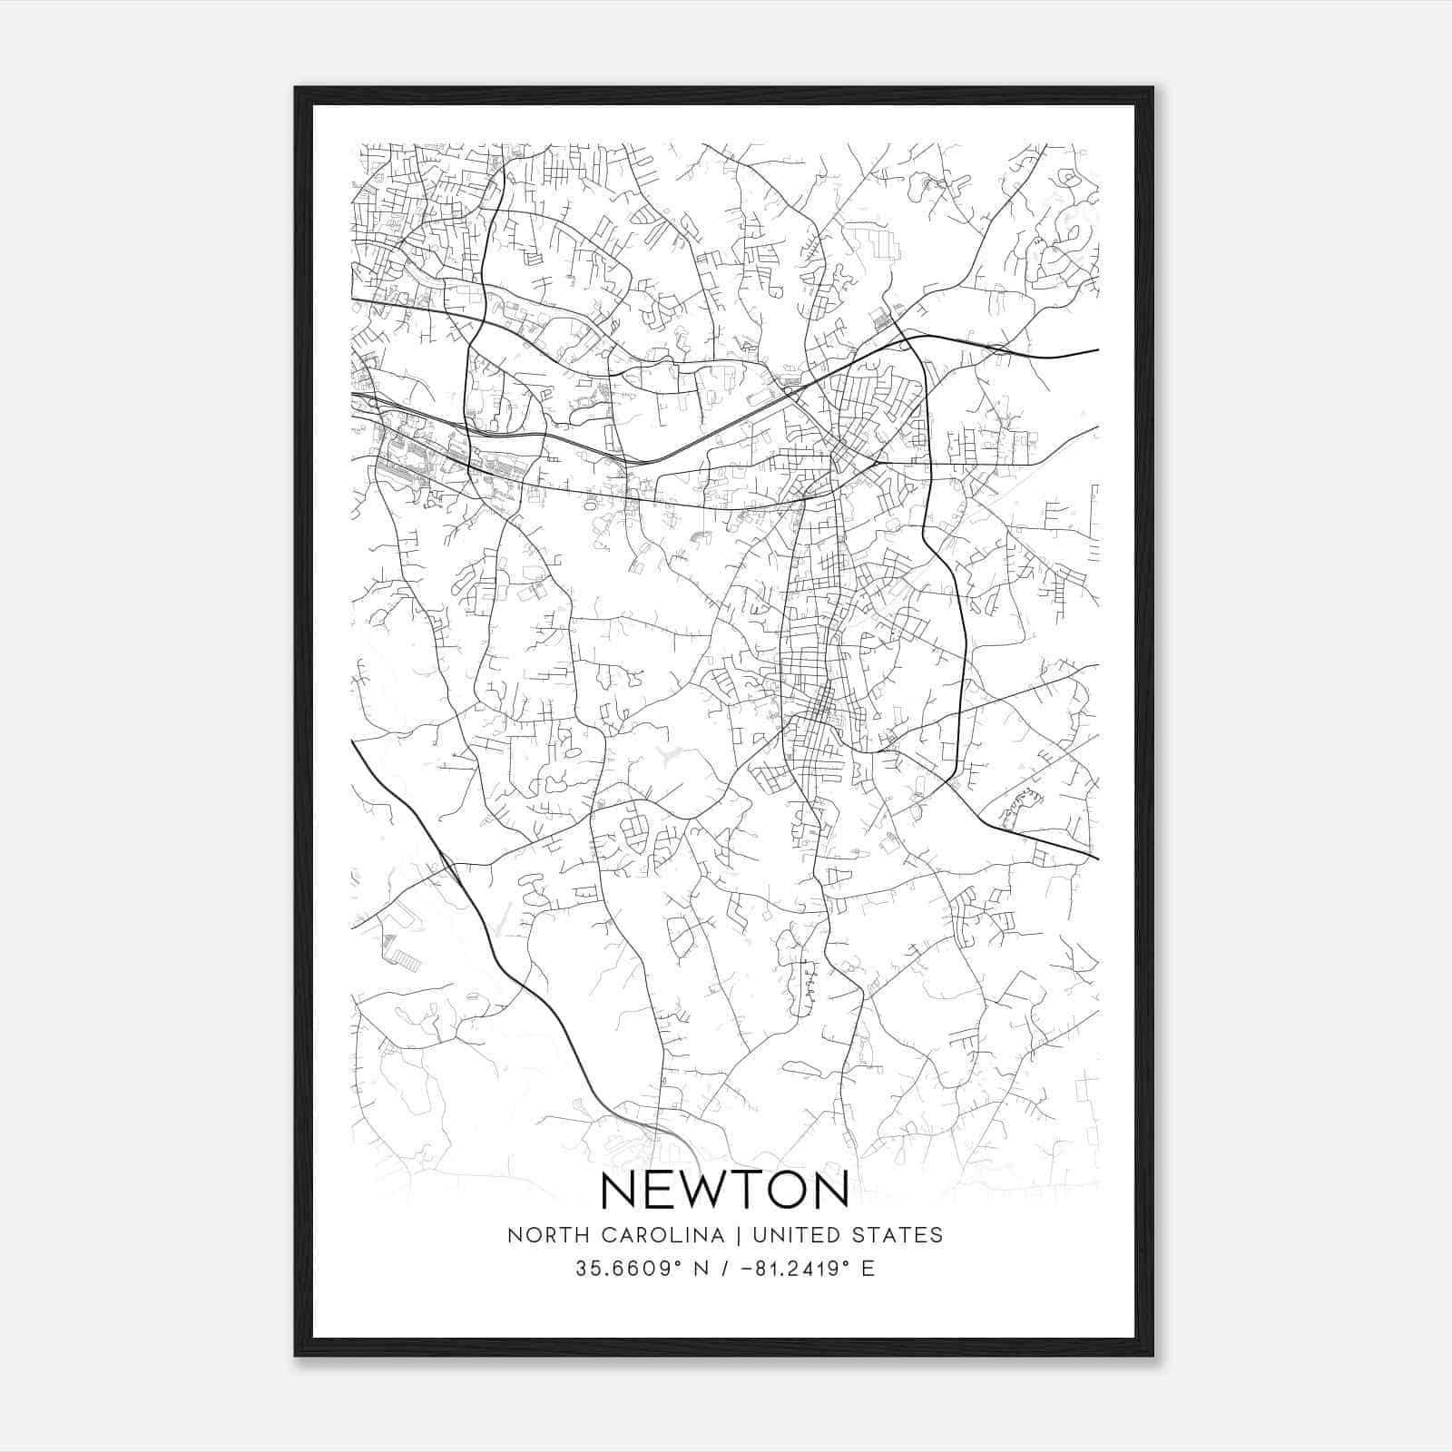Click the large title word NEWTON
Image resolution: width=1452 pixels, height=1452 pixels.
pos(724,1190)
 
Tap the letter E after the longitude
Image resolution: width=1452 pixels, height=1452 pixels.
pos(868,1269)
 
